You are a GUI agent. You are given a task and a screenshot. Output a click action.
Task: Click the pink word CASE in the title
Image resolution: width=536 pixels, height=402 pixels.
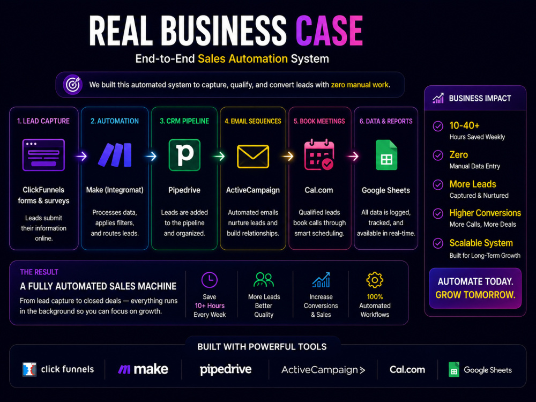(329, 31)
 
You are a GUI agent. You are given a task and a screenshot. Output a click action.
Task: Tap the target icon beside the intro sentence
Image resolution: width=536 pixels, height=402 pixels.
(73, 85)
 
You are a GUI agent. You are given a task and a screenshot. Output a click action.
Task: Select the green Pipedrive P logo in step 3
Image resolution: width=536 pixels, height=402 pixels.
(184, 155)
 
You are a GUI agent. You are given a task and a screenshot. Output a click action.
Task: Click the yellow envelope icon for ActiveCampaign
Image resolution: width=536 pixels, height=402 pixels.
(253, 157)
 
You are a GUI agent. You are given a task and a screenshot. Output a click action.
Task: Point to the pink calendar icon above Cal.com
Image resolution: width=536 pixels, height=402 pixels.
(319, 154)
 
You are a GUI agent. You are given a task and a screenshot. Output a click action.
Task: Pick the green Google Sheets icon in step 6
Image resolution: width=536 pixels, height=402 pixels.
(386, 155)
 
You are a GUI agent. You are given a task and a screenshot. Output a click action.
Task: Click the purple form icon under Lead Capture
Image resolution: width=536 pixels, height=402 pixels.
(43, 155)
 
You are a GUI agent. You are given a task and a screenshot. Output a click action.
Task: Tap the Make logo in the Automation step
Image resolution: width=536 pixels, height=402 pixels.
(115, 155)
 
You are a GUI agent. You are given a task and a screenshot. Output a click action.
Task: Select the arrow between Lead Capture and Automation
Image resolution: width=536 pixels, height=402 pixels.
(81, 156)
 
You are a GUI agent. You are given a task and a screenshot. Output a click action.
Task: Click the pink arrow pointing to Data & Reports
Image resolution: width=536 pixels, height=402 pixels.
(353, 156)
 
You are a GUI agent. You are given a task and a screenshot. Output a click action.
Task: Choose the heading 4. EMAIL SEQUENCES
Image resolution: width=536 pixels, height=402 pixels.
(253, 121)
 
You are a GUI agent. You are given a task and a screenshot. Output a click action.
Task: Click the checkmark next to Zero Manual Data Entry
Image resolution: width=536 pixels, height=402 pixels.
(438, 155)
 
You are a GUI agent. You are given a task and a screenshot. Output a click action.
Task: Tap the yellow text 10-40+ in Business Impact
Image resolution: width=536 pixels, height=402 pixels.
(464, 125)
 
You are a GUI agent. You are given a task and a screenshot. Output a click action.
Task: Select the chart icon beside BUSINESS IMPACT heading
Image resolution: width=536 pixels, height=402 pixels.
(438, 99)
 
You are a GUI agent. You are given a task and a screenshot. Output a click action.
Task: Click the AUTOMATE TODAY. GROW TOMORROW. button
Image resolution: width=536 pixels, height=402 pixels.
(475, 288)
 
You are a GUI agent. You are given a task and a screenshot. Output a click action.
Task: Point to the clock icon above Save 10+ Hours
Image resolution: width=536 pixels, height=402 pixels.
(210, 280)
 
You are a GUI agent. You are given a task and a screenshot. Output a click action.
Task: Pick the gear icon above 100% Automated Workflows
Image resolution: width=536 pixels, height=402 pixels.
(375, 280)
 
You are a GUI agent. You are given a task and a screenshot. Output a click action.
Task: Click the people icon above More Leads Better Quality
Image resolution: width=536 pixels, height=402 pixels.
(264, 280)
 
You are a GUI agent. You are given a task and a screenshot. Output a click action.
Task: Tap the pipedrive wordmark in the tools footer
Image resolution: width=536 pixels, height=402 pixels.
(226, 369)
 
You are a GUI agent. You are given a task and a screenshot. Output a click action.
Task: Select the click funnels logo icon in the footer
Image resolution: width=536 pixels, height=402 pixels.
(29, 369)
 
